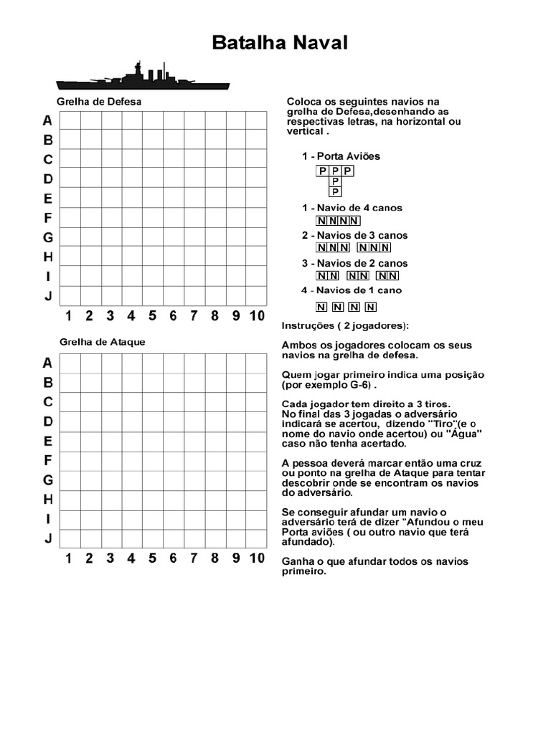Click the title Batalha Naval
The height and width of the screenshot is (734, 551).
280,43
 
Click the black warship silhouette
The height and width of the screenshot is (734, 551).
143,77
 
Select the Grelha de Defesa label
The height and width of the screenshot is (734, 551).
99,102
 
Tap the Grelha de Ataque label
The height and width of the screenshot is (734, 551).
102,342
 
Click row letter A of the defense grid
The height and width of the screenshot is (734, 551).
47,120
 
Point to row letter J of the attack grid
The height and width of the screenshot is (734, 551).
47,538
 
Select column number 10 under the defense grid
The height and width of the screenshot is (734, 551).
257,316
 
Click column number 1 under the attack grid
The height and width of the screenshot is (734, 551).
69,558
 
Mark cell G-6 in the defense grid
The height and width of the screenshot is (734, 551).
173,237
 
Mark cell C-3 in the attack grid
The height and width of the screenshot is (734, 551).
111,402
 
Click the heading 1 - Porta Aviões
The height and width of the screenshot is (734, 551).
341,156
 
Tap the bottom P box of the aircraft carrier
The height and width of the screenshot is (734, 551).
335,192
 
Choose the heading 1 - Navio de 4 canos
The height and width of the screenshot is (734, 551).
352,208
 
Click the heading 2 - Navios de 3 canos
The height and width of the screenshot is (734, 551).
354,235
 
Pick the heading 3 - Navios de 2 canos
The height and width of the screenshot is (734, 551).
354,263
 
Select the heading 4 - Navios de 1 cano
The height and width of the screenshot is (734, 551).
352,290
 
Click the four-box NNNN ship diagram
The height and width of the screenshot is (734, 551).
338,221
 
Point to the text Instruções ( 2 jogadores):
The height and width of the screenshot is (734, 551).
345,325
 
